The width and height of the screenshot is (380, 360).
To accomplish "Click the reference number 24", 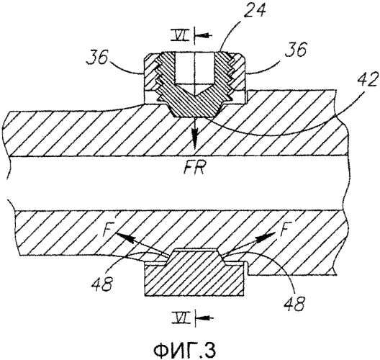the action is pyautogui.click(x=255, y=10).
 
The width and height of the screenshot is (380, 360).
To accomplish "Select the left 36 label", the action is pyautogui.click(x=98, y=56).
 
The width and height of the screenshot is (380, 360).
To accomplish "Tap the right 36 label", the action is pyautogui.click(x=295, y=49).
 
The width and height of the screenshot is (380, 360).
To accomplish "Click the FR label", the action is pyautogui.click(x=194, y=168).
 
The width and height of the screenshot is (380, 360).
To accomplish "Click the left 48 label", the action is pyautogui.click(x=102, y=283).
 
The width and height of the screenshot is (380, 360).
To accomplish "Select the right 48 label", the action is pyautogui.click(x=294, y=302).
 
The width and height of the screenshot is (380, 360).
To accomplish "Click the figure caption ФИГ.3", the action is pyautogui.click(x=184, y=349).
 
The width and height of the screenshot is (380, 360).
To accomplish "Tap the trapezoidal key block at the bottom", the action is pyautogui.click(x=194, y=272).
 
